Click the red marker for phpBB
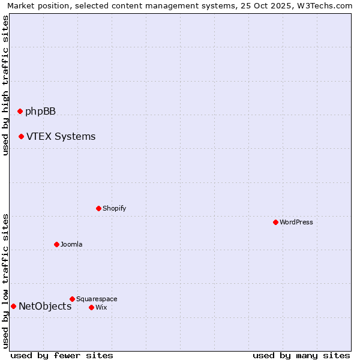20,111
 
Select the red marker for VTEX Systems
21,136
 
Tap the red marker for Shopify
98,208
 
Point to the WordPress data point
275,222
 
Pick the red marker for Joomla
56,244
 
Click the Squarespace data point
72,299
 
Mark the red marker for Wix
91,307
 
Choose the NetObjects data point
13,306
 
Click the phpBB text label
40,111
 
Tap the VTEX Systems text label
61,136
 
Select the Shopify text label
114,208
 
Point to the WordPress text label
296,222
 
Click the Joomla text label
71,244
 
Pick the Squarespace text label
97,299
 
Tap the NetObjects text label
45,307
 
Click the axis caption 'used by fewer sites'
62,355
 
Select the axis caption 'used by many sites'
301,355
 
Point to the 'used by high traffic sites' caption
5,86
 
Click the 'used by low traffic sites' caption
5,281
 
